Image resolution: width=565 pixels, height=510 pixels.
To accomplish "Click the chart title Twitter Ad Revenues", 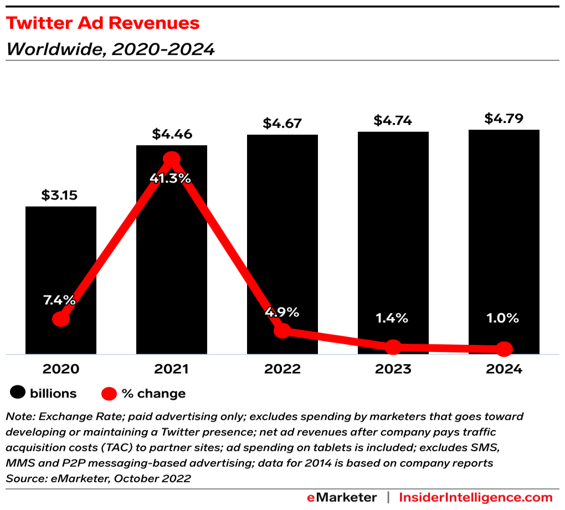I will tap(102, 23).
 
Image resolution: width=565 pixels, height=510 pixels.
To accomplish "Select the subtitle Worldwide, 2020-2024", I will tap(110, 49).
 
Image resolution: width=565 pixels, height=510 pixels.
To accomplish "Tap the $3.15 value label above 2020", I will tap(60, 195).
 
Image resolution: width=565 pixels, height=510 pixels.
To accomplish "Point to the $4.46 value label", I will tap(171, 134).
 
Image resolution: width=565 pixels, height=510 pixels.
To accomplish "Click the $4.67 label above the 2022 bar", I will tap(282, 123).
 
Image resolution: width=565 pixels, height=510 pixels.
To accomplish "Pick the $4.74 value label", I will tap(393, 120).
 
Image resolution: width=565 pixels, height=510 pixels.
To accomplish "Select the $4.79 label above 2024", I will tap(504, 119).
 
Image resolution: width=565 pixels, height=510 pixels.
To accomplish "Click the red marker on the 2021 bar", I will tap(172, 159).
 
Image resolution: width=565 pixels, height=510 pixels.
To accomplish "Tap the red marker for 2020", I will tap(61, 319).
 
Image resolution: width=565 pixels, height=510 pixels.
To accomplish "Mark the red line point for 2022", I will tap(282, 331).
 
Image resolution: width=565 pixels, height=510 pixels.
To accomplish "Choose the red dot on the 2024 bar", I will tap(504, 349).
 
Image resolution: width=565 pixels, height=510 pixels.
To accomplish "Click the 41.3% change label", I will tap(171, 178).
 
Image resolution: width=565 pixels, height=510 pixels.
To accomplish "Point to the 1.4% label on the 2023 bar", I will tap(393, 318).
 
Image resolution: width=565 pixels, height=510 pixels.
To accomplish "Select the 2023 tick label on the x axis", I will tap(393, 369).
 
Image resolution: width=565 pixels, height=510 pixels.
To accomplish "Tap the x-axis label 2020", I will tap(60, 369).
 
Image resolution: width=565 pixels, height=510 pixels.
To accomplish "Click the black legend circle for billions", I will tap(18, 394).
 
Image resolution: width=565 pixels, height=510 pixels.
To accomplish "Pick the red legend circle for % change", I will tap(109, 394).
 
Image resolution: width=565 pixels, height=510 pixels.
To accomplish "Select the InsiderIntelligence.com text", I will tap(476, 497).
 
